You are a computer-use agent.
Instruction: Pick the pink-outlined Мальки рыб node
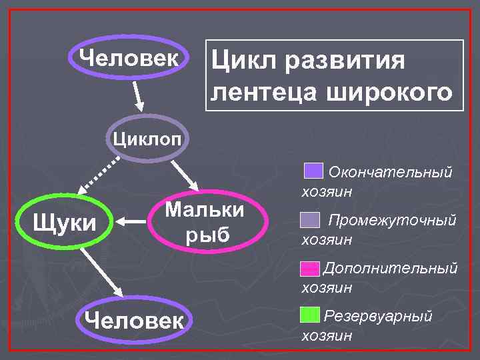click(205, 222)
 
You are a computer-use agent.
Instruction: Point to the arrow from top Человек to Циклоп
click(138, 96)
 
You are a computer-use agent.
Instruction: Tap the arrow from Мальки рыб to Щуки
click(131, 218)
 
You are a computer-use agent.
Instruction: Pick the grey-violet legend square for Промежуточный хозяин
click(311, 219)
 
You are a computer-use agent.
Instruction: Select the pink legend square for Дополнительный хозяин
click(311, 269)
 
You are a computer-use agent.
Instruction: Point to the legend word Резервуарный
click(378, 316)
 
